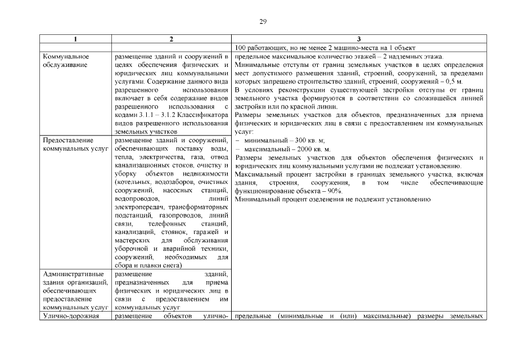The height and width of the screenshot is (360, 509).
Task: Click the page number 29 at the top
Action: [263, 22]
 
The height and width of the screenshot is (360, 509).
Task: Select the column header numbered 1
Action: [75, 39]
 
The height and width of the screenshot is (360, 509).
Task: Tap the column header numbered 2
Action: [172, 39]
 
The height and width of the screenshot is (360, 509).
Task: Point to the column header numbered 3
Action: [358, 39]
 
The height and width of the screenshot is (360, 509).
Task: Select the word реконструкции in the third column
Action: [292, 90]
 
